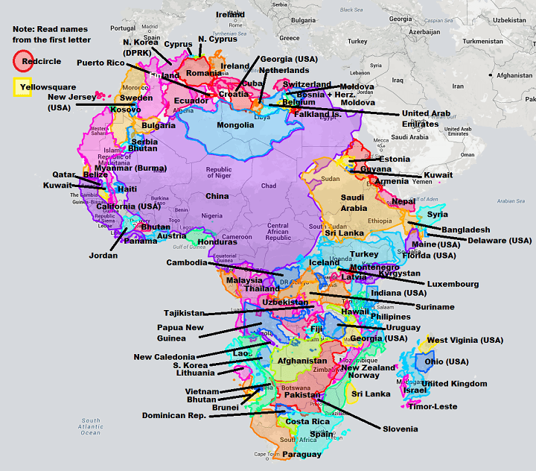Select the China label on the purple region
[x=217, y=196]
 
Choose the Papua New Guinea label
[x=179, y=332]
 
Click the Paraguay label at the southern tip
[x=301, y=454]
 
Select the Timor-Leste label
[x=433, y=407]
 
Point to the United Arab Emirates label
[x=425, y=118]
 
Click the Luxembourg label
[x=453, y=284]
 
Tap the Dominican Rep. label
[x=175, y=415]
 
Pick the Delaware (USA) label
[x=500, y=241]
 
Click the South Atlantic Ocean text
[x=91, y=426]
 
